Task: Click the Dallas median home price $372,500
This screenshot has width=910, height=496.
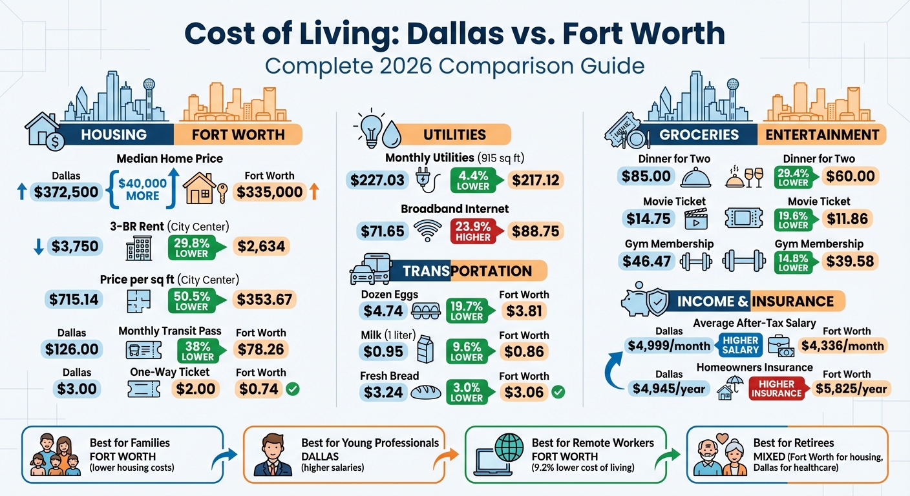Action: tap(67, 192)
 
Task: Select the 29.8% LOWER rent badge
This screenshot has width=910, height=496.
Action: tap(191, 246)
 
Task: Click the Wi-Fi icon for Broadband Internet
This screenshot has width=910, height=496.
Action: tap(428, 231)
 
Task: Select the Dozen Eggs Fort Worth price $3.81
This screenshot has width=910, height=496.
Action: tap(524, 311)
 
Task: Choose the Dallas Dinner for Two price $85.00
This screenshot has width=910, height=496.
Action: tap(646, 176)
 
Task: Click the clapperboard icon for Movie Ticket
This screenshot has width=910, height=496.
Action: tap(697, 220)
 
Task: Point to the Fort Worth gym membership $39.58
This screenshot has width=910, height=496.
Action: tap(850, 261)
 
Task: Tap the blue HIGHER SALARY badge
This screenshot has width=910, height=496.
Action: tap(741, 345)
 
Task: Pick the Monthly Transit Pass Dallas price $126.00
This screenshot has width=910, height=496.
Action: tap(72, 349)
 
